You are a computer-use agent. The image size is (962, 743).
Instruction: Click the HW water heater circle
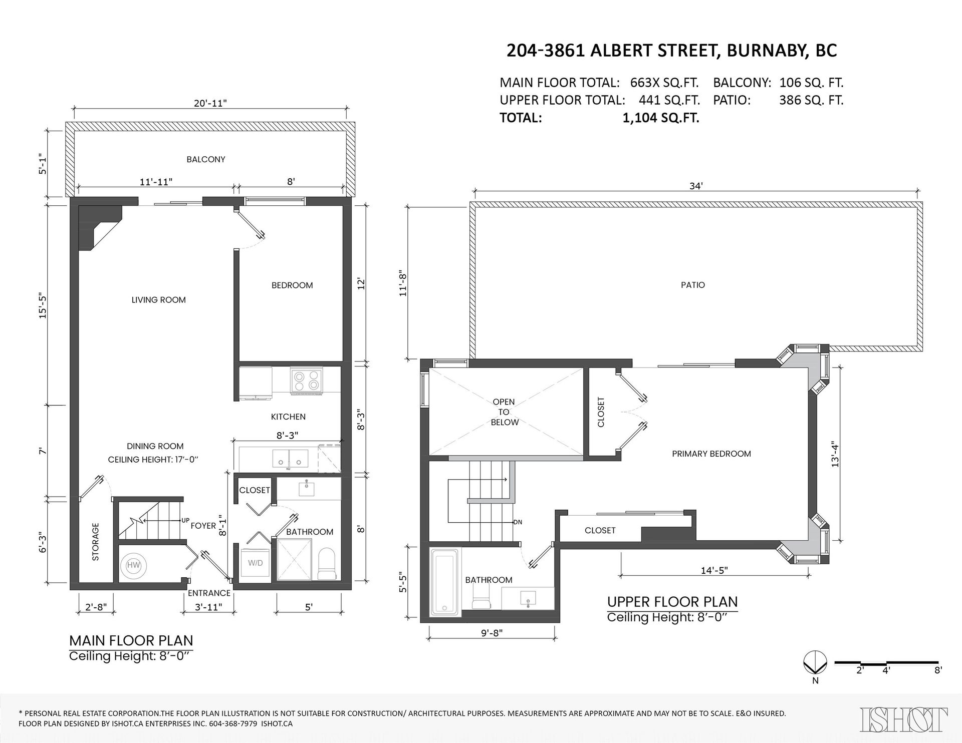pos(133,565)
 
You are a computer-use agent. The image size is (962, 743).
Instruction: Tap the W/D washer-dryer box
pos(255,563)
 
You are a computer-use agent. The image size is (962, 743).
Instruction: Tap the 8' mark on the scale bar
pos(938,670)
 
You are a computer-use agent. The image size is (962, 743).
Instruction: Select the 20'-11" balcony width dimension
pos(210,103)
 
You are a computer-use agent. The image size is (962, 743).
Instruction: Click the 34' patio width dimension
pos(696,186)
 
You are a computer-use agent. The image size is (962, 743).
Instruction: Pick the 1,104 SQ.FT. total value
pos(660,118)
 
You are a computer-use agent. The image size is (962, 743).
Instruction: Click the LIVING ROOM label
pos(158,300)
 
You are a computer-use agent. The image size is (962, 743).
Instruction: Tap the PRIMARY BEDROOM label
pos(711,454)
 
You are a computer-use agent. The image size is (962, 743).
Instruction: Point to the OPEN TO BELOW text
pos(504,412)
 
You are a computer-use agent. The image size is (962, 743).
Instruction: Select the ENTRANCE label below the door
pos(209,593)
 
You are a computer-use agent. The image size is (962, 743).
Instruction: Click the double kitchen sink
pos(290,458)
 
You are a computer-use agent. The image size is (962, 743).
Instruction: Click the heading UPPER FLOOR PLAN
pos(672,601)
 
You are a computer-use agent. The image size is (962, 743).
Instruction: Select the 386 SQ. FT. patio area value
pos(811,100)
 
